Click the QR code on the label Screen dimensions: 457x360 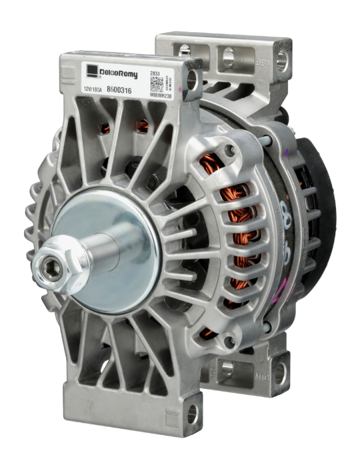pyautogui.click(x=156, y=83)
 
